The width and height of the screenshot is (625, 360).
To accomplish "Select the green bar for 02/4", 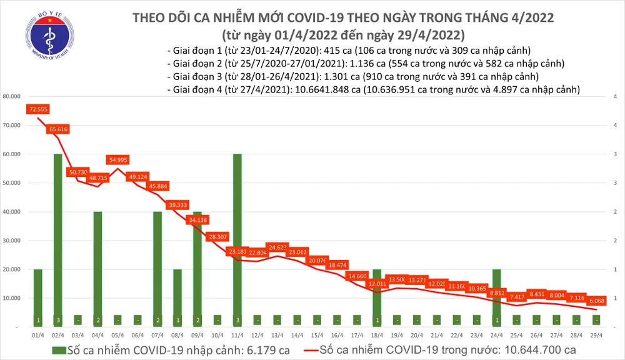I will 57,241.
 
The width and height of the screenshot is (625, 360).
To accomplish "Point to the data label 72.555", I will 38,109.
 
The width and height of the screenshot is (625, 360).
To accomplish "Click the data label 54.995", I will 117,160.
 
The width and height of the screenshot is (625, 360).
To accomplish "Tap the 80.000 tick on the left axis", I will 12,97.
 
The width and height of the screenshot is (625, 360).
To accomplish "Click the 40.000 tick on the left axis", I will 12,212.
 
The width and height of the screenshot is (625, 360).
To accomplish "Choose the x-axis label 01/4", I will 37,334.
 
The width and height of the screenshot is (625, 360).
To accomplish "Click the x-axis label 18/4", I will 376,334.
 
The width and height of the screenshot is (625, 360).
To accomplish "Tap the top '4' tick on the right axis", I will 615,97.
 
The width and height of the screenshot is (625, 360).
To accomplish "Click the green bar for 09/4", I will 197,269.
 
